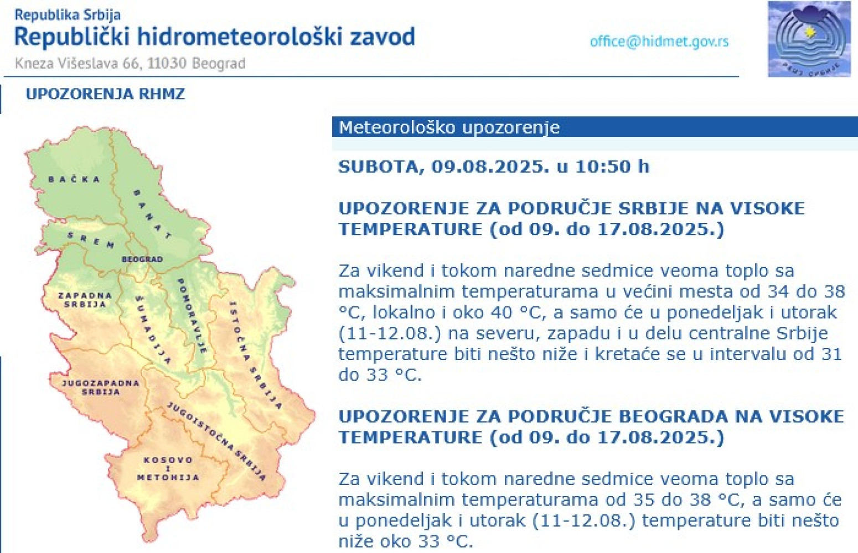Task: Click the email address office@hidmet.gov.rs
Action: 659,41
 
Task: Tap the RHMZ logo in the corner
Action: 809,39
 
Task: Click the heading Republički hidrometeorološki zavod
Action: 214,37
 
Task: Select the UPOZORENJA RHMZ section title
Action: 105,93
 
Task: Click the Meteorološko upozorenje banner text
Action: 449,127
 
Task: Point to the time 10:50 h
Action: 612,166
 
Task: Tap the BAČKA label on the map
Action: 74,179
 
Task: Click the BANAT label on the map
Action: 151,214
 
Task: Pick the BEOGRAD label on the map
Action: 142,259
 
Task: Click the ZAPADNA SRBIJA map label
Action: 85,300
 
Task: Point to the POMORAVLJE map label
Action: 192,315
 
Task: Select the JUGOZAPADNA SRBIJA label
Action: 101,387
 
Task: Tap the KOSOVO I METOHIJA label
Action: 168,468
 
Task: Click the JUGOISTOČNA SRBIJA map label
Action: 216,441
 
